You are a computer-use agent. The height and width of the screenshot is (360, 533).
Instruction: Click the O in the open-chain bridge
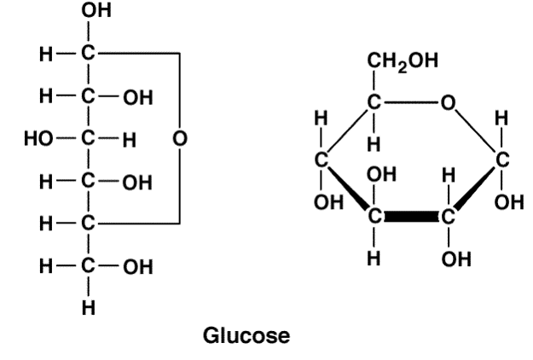(x=177, y=137)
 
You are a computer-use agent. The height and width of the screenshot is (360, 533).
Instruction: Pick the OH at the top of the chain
(x=88, y=11)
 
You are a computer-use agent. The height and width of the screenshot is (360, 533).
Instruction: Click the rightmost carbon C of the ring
(x=502, y=160)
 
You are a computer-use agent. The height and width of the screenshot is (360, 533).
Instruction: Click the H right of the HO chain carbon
(x=130, y=137)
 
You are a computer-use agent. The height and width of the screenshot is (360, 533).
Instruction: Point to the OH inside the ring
(x=379, y=176)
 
